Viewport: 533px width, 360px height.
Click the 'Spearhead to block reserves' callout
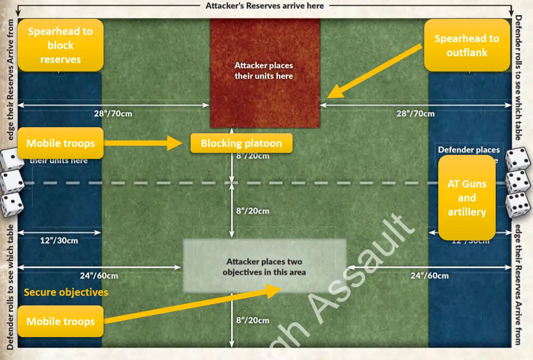tap(60, 45)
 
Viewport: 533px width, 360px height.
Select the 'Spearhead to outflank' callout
tap(467, 45)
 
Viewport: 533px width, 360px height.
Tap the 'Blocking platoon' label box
tap(241, 143)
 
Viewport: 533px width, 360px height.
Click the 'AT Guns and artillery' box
tap(467, 198)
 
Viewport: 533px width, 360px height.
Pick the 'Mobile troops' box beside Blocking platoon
tap(61, 143)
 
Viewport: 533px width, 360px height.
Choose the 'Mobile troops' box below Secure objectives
tap(61, 321)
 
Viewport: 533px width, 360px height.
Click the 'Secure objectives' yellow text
tap(66, 292)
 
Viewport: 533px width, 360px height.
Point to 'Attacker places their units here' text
tap(264, 71)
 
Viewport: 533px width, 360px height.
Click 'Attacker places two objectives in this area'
tap(264, 267)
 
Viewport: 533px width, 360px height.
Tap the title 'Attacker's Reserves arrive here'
tap(264, 6)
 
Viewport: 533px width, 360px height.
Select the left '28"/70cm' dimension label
tap(113, 114)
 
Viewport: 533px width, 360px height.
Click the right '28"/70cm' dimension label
tap(415, 114)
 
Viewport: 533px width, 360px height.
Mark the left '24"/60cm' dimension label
tap(99, 276)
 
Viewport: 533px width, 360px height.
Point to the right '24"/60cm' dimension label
tap(429, 276)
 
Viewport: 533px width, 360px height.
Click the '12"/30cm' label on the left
tap(59, 241)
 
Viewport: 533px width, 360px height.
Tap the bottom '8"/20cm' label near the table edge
tap(252, 320)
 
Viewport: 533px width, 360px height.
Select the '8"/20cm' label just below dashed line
tap(252, 211)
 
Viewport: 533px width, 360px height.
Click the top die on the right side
tap(518, 159)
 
